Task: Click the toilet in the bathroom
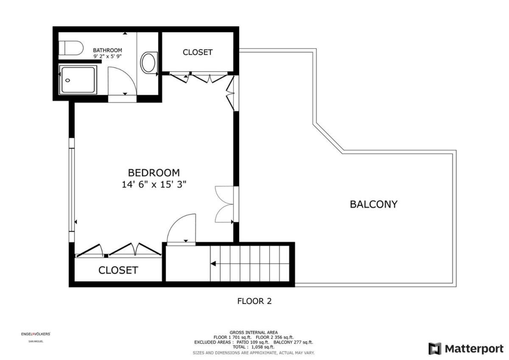click(71, 48)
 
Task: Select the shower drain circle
click(67, 80)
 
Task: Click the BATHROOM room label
click(107, 50)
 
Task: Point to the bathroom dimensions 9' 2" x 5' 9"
click(108, 56)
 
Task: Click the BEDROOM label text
click(154, 173)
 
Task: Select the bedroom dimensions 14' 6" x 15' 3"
click(154, 184)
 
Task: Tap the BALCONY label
click(374, 204)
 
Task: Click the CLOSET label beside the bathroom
click(198, 52)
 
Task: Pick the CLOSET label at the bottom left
click(118, 270)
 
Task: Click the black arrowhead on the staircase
click(213, 264)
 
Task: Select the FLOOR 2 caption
click(254, 301)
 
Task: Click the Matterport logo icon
click(435, 349)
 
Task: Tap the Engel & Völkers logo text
click(36, 334)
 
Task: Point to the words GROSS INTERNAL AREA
click(254, 332)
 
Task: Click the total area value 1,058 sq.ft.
click(263, 347)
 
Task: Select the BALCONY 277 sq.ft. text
click(293, 342)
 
